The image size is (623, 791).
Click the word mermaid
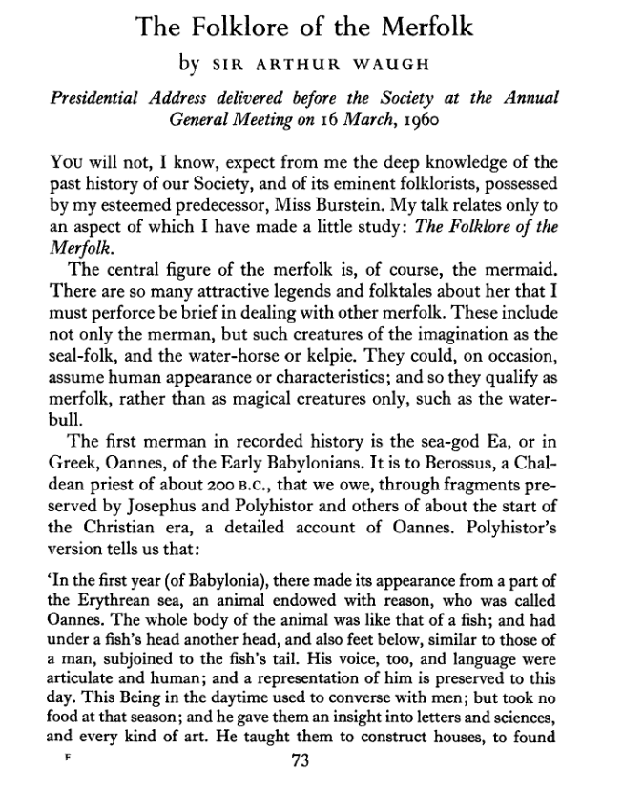click(518, 266)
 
